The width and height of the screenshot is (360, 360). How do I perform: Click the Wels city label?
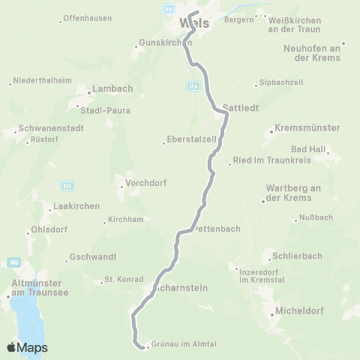(x=194, y=23)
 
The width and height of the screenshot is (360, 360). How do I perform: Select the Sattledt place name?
(x=241, y=107)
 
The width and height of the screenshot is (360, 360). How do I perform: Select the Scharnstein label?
(x=180, y=288)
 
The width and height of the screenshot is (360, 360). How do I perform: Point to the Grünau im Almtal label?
(x=184, y=344)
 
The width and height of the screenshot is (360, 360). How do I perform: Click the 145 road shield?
(x=14, y=262)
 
